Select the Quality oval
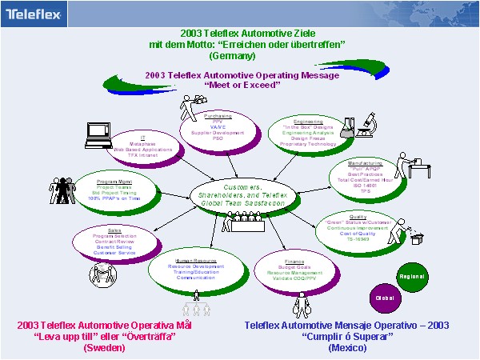tap(356, 226)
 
